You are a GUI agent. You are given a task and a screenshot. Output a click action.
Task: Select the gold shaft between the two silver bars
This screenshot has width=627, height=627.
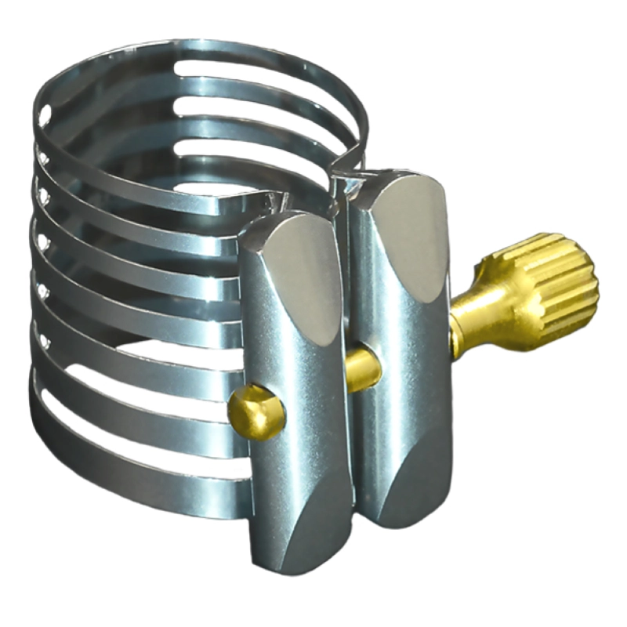click(x=362, y=368)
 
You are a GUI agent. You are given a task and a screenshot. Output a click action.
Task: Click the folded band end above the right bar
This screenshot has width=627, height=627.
click(x=345, y=184)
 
